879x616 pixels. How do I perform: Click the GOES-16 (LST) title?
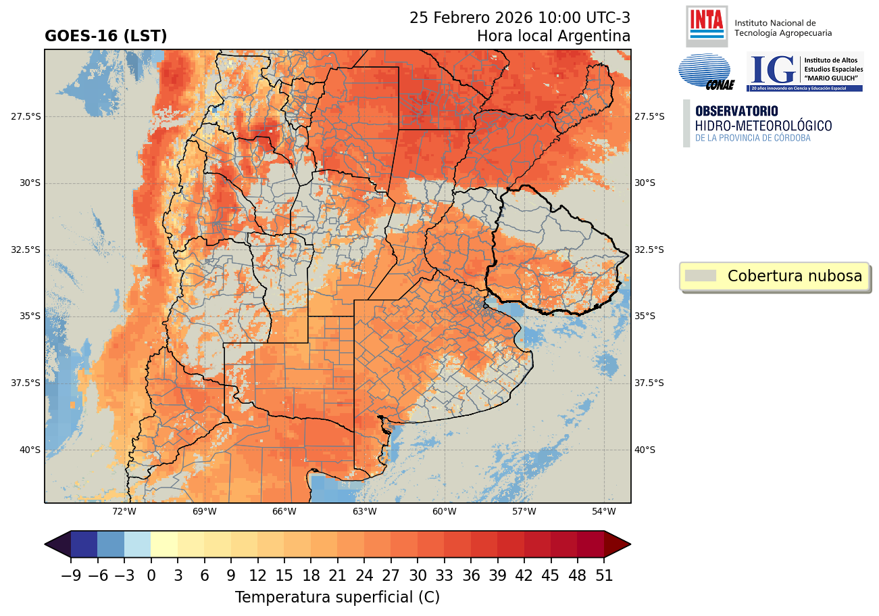point(105,37)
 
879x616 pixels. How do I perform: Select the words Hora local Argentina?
point(553,36)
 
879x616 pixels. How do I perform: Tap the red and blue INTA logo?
point(706,24)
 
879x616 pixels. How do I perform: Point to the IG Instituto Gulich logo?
point(804,72)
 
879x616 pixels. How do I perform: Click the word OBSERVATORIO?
point(736,111)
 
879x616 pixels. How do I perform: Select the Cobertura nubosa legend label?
point(795,276)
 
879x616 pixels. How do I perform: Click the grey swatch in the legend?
point(700,276)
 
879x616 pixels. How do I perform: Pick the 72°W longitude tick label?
point(124,511)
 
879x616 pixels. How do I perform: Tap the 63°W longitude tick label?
point(364,511)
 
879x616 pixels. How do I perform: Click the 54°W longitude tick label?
point(604,511)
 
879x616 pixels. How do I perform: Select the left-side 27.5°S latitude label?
point(26,116)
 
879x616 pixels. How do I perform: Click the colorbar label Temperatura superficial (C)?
point(337,597)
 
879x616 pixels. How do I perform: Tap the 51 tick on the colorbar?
point(604,575)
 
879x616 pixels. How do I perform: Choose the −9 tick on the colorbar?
point(70,575)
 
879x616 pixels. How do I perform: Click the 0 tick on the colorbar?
point(151,575)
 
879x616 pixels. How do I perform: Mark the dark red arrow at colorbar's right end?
point(617,544)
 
